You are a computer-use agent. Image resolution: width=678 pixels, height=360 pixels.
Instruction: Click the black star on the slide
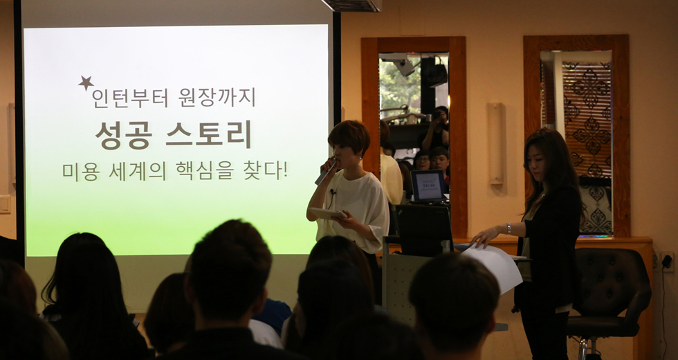(x=86, y=83)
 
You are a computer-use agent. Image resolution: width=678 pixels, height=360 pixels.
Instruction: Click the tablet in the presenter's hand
(x=327, y=214)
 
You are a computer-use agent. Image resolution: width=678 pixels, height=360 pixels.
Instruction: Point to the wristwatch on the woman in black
(x=508, y=228)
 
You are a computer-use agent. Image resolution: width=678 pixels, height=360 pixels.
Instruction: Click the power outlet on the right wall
(x=667, y=261)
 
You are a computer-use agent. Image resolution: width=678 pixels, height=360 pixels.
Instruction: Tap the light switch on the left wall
(x=5, y=204)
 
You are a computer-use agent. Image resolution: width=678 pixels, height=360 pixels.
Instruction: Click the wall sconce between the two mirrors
(x=495, y=143)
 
